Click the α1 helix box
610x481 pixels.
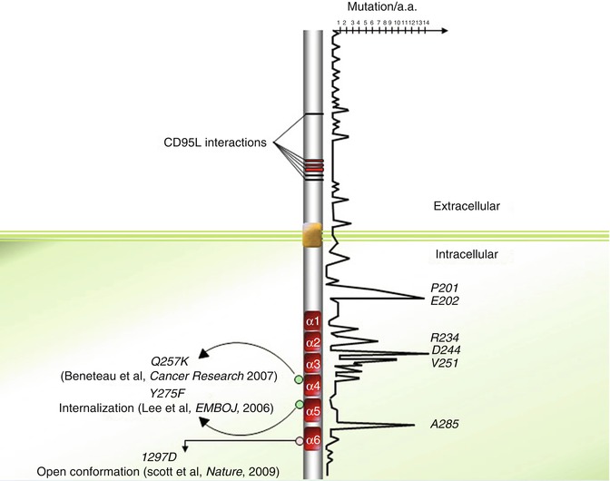[x=312, y=321]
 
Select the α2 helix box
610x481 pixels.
[x=312, y=342]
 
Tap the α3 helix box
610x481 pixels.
[x=312, y=364]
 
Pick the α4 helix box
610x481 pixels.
[x=312, y=385]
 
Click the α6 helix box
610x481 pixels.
[x=312, y=441]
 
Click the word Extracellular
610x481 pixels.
[x=466, y=207]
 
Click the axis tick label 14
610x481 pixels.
[x=425, y=22]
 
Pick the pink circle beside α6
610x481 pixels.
[x=299, y=441]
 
